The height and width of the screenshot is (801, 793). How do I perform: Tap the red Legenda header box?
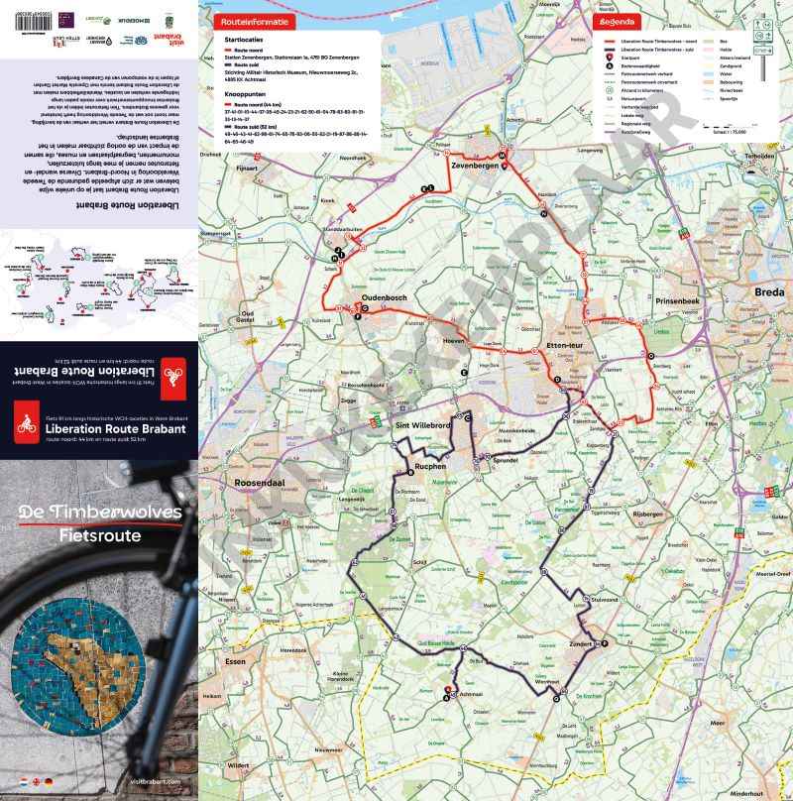tap(617, 20)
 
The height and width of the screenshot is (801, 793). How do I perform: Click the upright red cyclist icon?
tap(25, 423)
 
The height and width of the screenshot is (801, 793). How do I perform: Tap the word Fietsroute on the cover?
tap(100, 535)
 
